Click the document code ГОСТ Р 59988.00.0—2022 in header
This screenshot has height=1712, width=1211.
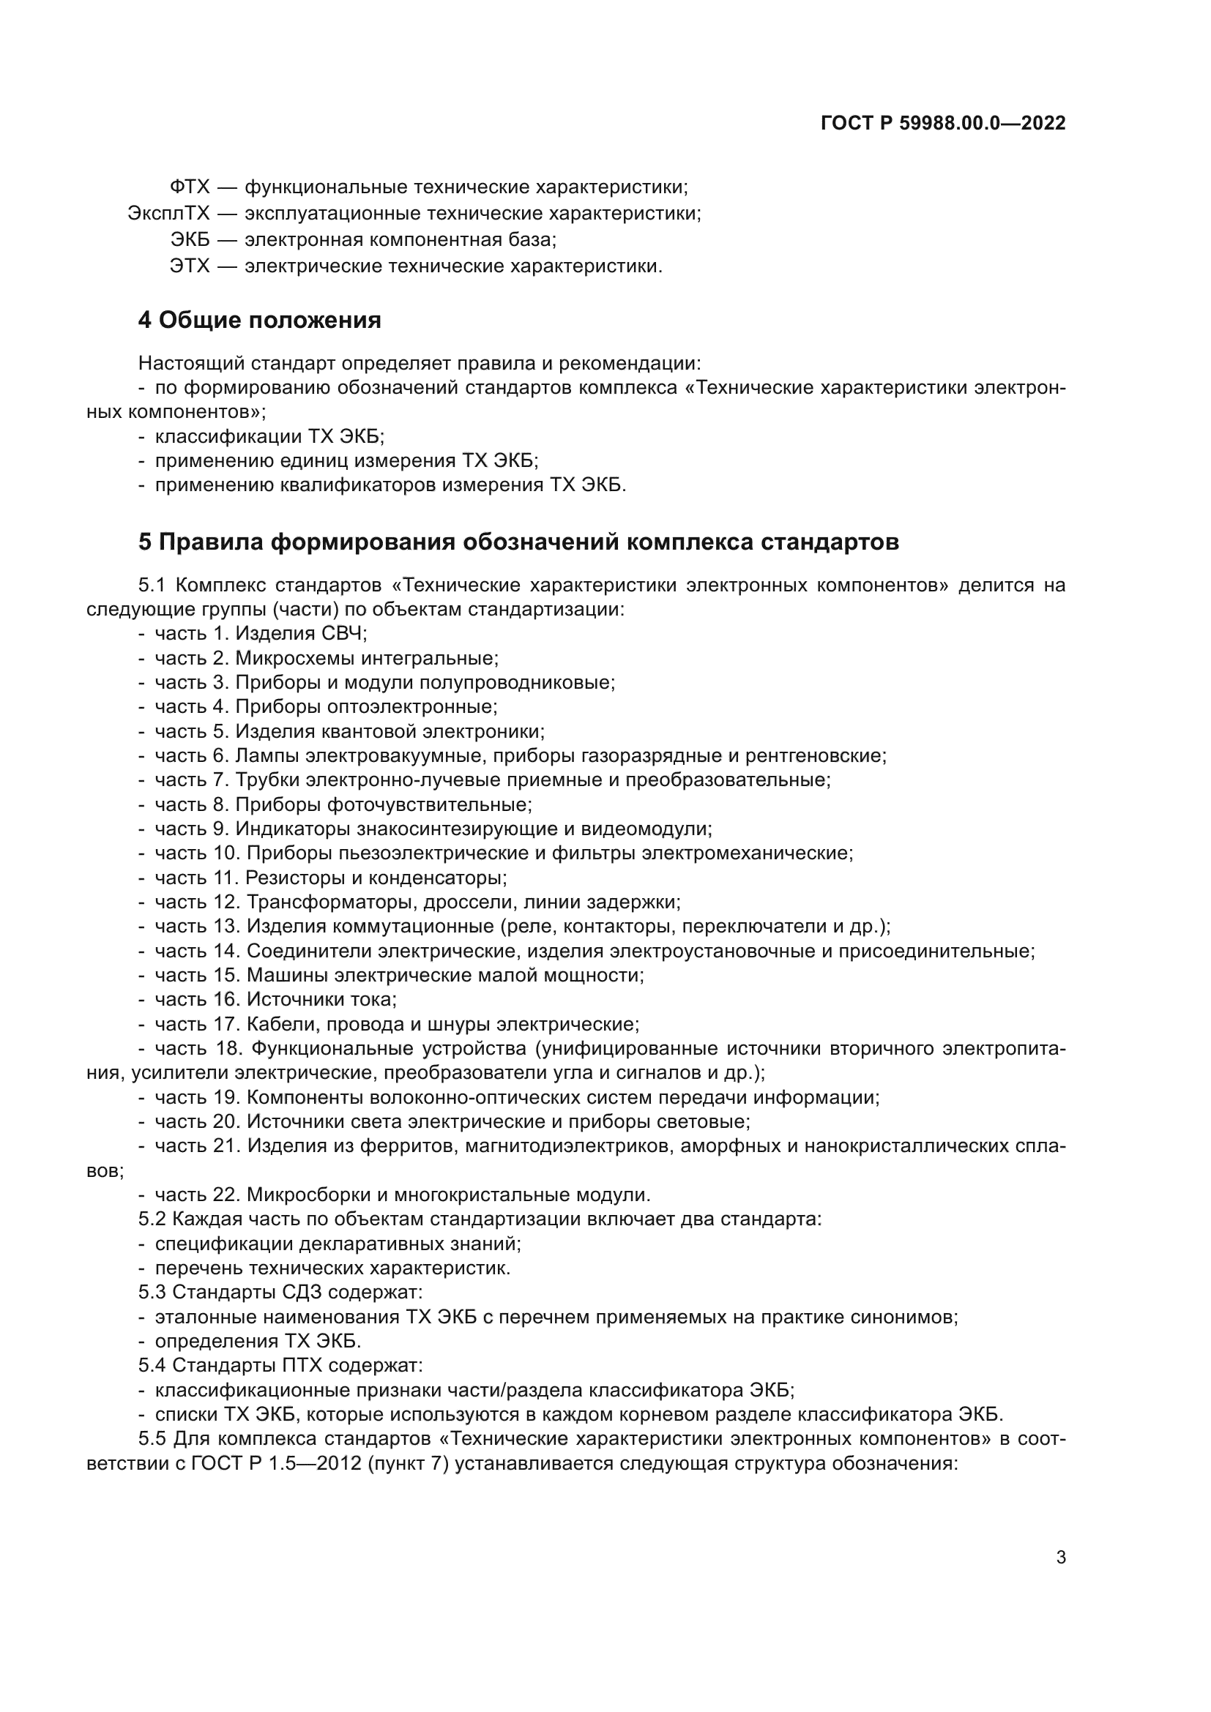pyautogui.click(x=942, y=123)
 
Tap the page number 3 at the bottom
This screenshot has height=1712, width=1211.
pyautogui.click(x=1060, y=1558)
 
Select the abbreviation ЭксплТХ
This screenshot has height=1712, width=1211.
pyautogui.click(x=169, y=214)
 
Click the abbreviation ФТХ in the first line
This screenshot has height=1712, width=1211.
pyautogui.click(x=190, y=187)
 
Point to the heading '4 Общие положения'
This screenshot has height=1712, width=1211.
pyautogui.click(x=259, y=321)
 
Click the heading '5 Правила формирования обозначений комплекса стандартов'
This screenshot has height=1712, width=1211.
pyautogui.click(x=518, y=542)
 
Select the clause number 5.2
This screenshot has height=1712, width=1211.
pyautogui.click(x=152, y=1219)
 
